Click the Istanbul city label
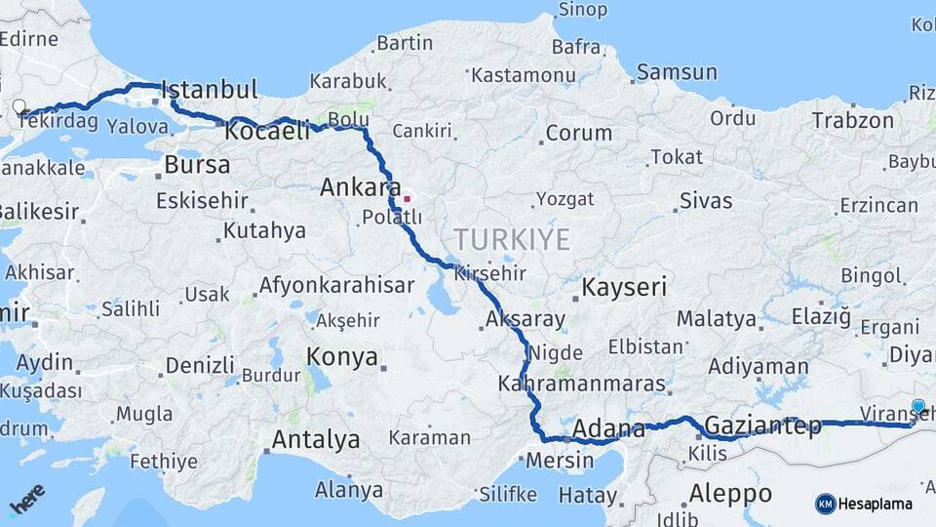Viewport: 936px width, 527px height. pos(209,90)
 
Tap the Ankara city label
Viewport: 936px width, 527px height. pos(360,186)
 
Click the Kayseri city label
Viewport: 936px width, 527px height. pos(624,287)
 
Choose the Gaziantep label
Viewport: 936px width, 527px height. pos(762,426)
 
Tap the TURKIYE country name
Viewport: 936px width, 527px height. pos(511,239)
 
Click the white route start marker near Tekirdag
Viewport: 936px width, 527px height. pos(19,106)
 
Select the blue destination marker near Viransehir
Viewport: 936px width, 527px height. pos(917,406)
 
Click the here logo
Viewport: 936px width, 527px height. pos(26,498)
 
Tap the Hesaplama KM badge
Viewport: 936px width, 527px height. pos(864,504)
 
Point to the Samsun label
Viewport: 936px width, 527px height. pos(676,72)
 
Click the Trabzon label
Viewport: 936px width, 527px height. pos(852,121)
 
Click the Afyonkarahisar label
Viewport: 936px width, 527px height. pos(336,287)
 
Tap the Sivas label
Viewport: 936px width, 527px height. pos(705,202)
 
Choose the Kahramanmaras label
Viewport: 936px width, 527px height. pos(581,385)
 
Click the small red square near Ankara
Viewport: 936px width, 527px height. pos(407,199)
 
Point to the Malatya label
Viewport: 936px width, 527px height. pos(716,319)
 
